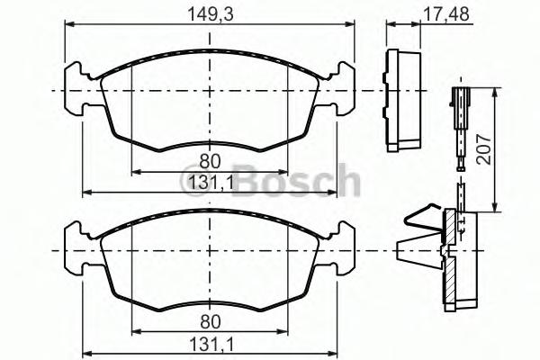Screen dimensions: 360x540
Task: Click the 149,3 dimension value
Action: point(208,13)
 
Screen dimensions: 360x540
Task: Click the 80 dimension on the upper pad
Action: point(209,162)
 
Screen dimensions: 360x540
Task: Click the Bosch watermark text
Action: point(297,181)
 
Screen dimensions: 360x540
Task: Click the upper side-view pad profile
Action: point(403,99)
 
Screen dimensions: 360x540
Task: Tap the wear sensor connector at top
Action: point(459,98)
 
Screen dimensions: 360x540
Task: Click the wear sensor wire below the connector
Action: point(460,144)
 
